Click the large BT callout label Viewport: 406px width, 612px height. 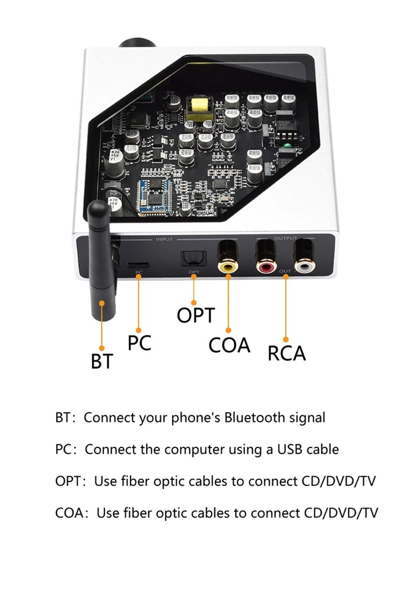coord(102,361)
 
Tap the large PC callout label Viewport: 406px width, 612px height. coord(139,343)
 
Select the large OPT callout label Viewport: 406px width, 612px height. coord(196,315)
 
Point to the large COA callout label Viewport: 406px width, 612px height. coord(229,345)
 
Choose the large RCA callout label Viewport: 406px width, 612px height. coord(287,353)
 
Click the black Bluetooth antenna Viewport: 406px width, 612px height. coord(102,264)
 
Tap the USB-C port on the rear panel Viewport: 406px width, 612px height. coord(138,264)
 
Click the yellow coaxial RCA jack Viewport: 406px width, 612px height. coord(228,265)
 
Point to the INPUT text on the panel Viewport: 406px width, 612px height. coord(164,239)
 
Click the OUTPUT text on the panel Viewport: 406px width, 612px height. coord(286,238)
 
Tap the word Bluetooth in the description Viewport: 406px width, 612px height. coord(255,418)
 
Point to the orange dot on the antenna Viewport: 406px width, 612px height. coord(102,303)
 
